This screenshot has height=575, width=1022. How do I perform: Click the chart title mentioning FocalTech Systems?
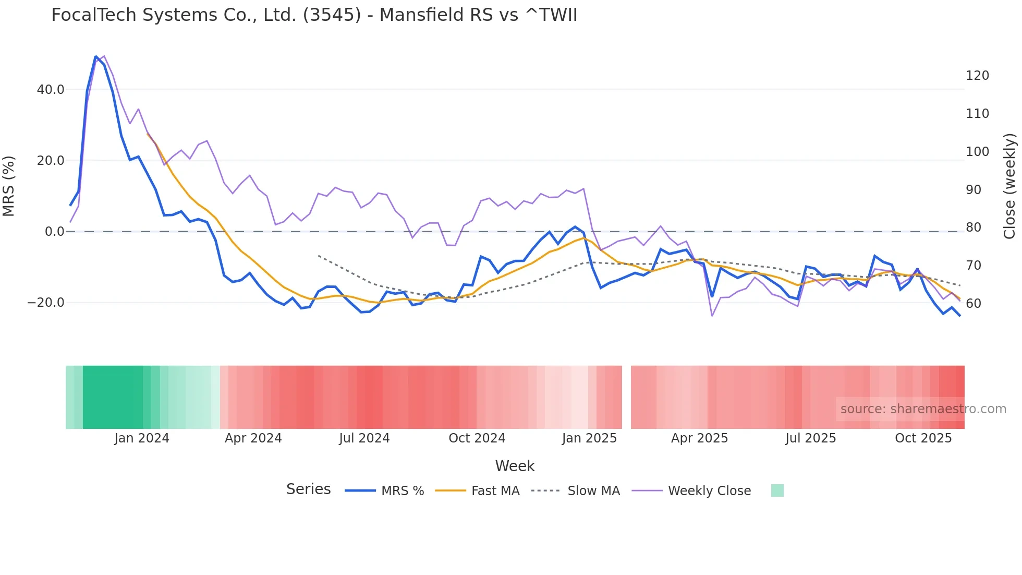point(314,15)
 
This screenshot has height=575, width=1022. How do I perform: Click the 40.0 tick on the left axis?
point(51,90)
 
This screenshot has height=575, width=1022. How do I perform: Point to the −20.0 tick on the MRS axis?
point(46,303)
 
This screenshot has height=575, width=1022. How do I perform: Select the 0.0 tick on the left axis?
point(54,232)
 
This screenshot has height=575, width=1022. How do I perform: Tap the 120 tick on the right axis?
point(977,76)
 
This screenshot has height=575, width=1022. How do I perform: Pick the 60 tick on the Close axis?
point(974,303)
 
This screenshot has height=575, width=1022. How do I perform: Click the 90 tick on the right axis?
point(974,190)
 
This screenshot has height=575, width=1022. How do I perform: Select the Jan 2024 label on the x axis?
point(142,438)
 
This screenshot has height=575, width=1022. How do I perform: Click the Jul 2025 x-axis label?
point(810,438)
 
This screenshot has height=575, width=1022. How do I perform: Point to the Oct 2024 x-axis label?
point(477,438)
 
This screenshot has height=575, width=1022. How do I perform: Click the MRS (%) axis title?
point(9,186)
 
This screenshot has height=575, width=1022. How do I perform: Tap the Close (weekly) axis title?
point(1009,186)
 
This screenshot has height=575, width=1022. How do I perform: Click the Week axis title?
point(515,466)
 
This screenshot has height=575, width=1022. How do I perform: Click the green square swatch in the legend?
point(777,490)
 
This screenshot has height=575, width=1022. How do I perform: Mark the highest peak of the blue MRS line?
point(96,56)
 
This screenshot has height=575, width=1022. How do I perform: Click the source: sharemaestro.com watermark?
point(923,409)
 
